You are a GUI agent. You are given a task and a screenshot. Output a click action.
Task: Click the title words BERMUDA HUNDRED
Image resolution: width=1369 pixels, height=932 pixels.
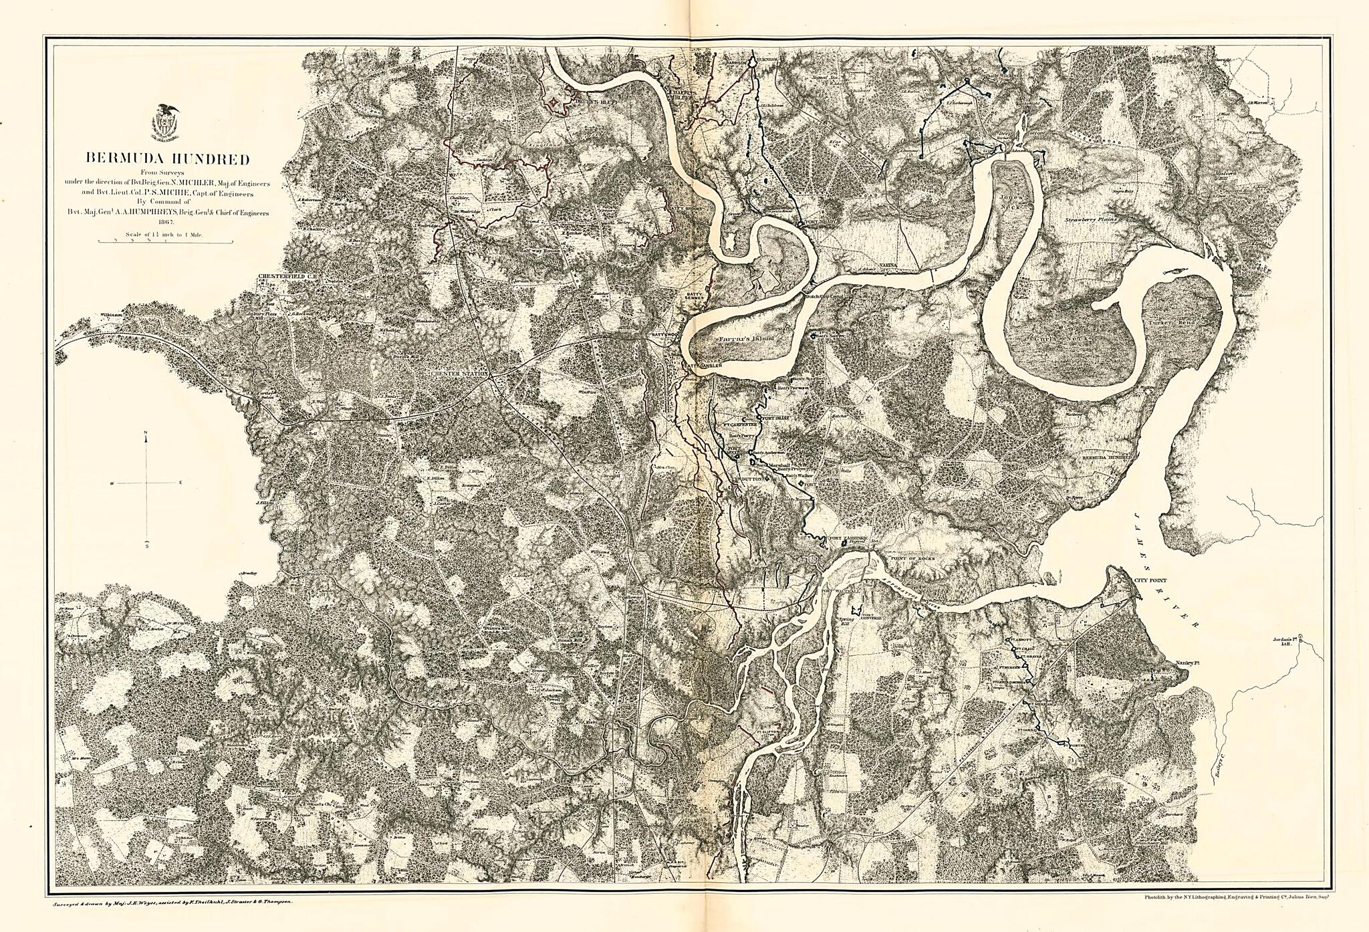click(166, 159)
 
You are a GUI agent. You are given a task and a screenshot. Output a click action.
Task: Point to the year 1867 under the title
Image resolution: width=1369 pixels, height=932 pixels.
click(164, 221)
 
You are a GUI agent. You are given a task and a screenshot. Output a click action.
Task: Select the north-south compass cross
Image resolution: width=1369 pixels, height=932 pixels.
click(146, 481)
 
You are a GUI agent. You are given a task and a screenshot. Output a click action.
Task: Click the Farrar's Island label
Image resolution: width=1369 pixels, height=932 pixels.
click(746, 339)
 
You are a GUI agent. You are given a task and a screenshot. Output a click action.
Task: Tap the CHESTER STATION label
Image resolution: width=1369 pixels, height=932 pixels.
click(460, 374)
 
